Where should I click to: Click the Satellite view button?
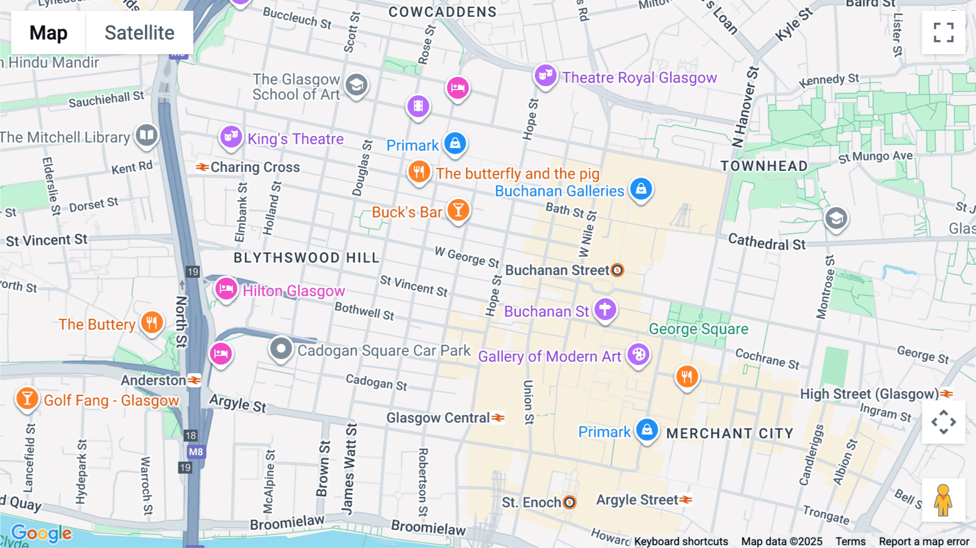click(139, 33)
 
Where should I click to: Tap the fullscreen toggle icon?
click(943, 33)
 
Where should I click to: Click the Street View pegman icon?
click(943, 500)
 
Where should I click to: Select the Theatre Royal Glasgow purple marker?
click(545, 75)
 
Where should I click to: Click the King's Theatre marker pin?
click(231, 137)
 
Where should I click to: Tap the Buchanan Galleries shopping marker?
click(641, 189)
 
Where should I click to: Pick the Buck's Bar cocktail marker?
click(458, 210)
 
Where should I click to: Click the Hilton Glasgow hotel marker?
click(226, 289)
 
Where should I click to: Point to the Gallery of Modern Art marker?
click(639, 355)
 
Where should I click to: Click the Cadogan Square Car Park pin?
click(281, 349)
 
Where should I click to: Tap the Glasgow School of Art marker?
click(356, 85)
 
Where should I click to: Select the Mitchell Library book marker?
click(146, 135)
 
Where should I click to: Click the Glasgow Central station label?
click(438, 418)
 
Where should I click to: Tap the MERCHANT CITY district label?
click(729, 434)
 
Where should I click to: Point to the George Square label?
click(698, 329)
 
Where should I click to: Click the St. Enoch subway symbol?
click(569, 502)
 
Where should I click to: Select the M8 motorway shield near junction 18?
click(196, 451)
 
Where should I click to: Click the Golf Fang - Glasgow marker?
click(27, 399)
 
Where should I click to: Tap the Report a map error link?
click(924, 541)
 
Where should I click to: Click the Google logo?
click(41, 533)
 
